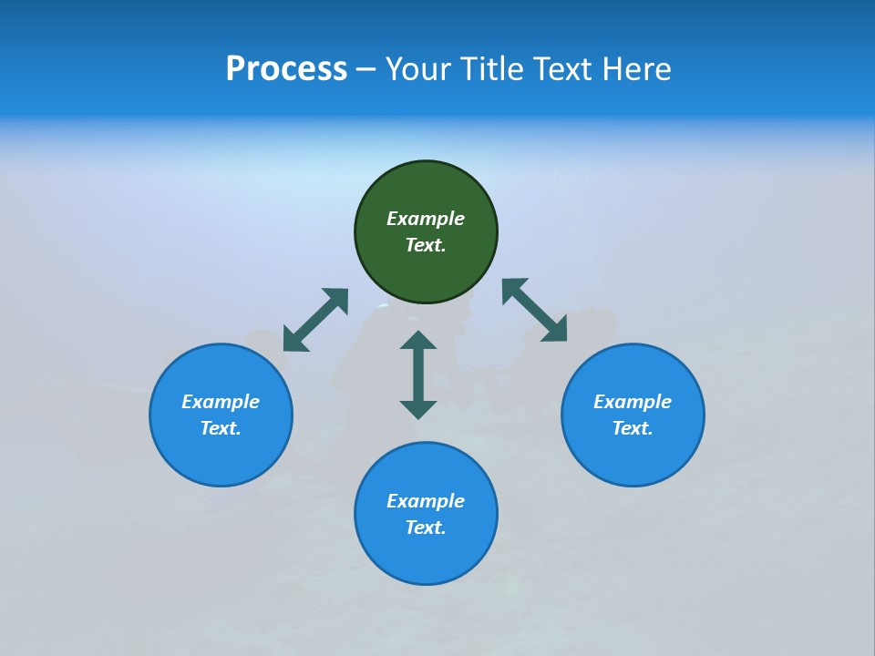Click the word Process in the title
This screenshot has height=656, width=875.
(286, 69)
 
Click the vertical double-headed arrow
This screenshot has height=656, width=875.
(418, 374)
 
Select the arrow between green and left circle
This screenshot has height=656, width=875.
(315, 320)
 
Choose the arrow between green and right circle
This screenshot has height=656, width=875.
(534, 311)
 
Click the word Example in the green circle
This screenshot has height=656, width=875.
(426, 219)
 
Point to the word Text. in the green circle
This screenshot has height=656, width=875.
(426, 245)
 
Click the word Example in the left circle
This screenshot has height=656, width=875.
(221, 402)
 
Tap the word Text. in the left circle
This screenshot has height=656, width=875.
(221, 428)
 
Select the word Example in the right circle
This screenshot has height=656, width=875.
(633, 402)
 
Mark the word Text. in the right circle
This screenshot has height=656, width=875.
(633, 428)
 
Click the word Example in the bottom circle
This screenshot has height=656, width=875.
(426, 501)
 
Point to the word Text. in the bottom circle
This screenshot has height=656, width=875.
(426, 528)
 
